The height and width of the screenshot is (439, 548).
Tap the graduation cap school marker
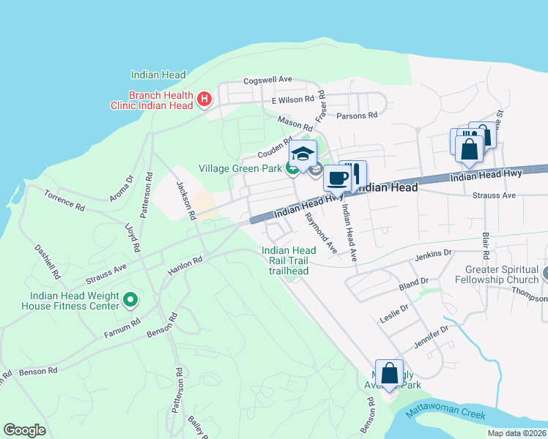303,154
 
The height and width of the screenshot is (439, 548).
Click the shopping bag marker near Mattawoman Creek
389,372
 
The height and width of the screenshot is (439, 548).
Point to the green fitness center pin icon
130,299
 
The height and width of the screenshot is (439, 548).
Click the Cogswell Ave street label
267,80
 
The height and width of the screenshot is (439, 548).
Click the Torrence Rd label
64,203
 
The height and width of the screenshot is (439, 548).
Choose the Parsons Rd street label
357,115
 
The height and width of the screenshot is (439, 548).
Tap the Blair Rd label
485,247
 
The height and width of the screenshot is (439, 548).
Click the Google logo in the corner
24,429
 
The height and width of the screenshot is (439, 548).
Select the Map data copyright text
516,433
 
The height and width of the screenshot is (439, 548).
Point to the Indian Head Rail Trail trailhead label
289,260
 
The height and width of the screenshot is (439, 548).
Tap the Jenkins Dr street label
433,253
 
